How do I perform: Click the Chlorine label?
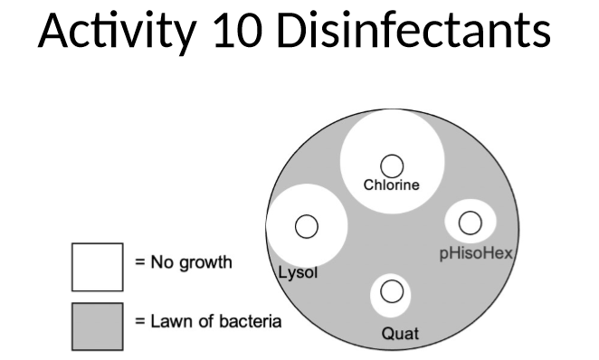tap(391, 185)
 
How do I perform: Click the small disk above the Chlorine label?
tap(391, 165)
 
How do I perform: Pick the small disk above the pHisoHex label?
tap(469, 222)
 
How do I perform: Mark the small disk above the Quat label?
tap(391, 291)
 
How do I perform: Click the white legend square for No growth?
tap(97, 266)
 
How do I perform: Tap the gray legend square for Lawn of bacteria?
tap(97, 324)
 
